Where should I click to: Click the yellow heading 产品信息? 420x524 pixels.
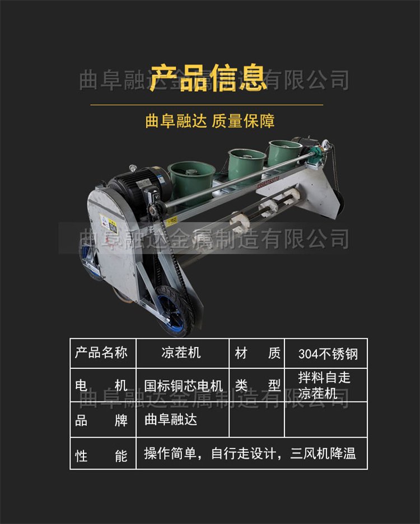point(208,78)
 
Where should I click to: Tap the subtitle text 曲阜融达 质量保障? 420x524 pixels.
point(209,121)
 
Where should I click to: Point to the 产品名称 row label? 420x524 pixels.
point(101,353)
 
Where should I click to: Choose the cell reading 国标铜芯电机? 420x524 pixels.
point(183,386)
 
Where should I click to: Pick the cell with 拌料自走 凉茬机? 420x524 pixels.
point(324,385)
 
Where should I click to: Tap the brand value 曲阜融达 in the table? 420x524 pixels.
point(171,419)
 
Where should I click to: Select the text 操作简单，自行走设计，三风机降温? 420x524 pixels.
point(250,453)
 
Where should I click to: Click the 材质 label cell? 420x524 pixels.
point(257,353)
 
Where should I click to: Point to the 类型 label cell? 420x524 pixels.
point(257,385)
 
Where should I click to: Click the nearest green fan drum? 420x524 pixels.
point(192,181)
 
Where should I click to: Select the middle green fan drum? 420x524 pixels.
point(247,162)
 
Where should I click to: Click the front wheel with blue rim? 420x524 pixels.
point(174,311)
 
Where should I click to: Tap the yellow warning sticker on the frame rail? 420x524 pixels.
point(172,221)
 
